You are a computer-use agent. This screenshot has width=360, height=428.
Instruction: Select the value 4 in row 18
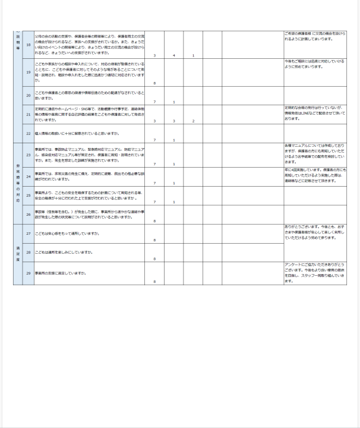173,56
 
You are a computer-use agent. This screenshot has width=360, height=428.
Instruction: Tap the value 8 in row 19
154,84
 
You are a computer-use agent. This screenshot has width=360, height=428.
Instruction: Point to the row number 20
28,95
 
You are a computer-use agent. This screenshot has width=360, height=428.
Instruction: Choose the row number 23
28,155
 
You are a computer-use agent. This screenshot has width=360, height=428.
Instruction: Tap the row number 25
28,194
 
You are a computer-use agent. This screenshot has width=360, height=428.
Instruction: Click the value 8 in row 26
154,221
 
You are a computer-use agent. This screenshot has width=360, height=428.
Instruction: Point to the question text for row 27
65,233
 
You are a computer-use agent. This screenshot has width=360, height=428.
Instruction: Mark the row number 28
28,252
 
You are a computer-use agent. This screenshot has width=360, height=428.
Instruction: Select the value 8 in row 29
154,281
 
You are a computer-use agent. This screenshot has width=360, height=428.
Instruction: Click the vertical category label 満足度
18,252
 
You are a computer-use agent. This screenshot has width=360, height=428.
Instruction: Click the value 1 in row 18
193,56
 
